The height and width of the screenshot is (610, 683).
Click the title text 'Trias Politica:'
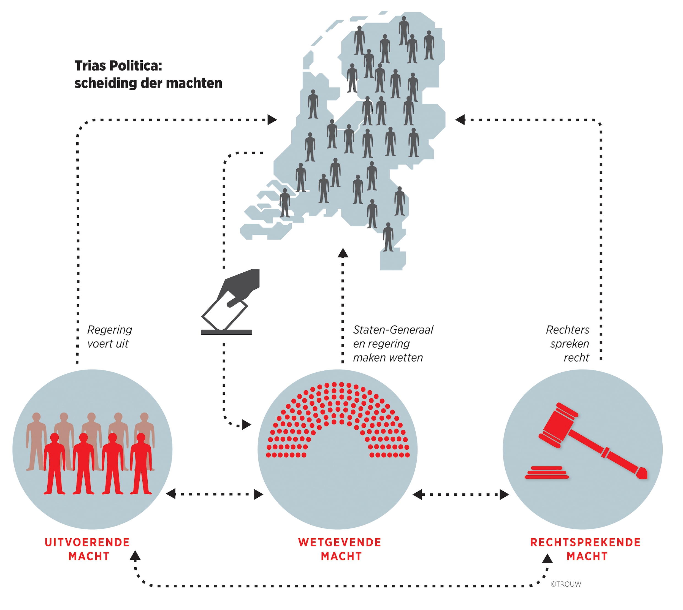point(118,66)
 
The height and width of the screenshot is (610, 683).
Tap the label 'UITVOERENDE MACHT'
point(88,549)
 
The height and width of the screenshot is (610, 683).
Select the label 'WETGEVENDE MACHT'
point(340,549)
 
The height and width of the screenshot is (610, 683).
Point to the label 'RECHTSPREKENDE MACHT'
point(585,549)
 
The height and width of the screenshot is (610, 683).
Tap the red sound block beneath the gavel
point(547,473)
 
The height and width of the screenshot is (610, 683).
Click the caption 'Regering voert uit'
point(109,337)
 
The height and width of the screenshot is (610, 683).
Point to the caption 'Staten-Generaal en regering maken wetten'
point(393,343)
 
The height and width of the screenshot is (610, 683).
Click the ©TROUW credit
point(566,584)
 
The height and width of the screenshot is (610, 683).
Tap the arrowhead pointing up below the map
point(343,253)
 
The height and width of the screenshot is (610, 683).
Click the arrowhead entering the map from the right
point(460,120)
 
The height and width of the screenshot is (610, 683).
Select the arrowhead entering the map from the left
point(272,120)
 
